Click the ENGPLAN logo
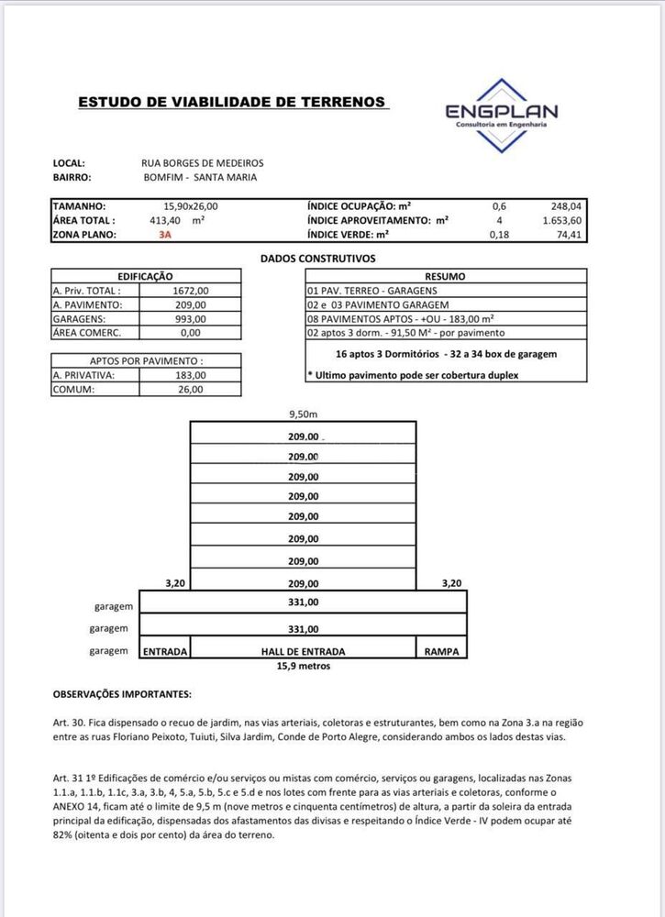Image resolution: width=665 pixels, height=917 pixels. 501,115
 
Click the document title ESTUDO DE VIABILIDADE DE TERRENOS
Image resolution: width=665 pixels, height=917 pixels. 232,102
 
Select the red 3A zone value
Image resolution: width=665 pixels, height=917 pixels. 165,235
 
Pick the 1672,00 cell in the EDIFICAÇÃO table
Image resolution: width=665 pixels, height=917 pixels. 191,290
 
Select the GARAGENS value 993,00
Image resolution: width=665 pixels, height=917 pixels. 191,318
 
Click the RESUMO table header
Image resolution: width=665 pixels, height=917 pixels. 445,276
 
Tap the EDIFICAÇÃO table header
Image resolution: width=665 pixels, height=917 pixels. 146,276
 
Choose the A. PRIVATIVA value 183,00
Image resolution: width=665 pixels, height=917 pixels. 191,374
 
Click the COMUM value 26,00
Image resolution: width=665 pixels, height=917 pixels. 191,389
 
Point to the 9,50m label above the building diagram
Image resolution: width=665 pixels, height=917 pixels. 303,414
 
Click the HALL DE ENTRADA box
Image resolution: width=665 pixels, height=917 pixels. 303,651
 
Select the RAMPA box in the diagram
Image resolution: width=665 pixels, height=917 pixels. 441,651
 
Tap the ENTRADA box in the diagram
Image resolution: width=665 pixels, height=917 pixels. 165,651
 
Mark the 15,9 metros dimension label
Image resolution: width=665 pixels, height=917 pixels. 303,666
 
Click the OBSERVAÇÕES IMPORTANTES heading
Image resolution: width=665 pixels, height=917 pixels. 122,695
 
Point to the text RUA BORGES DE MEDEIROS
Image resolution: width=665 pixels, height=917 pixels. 203,163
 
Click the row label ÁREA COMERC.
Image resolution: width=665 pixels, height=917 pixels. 87,333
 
